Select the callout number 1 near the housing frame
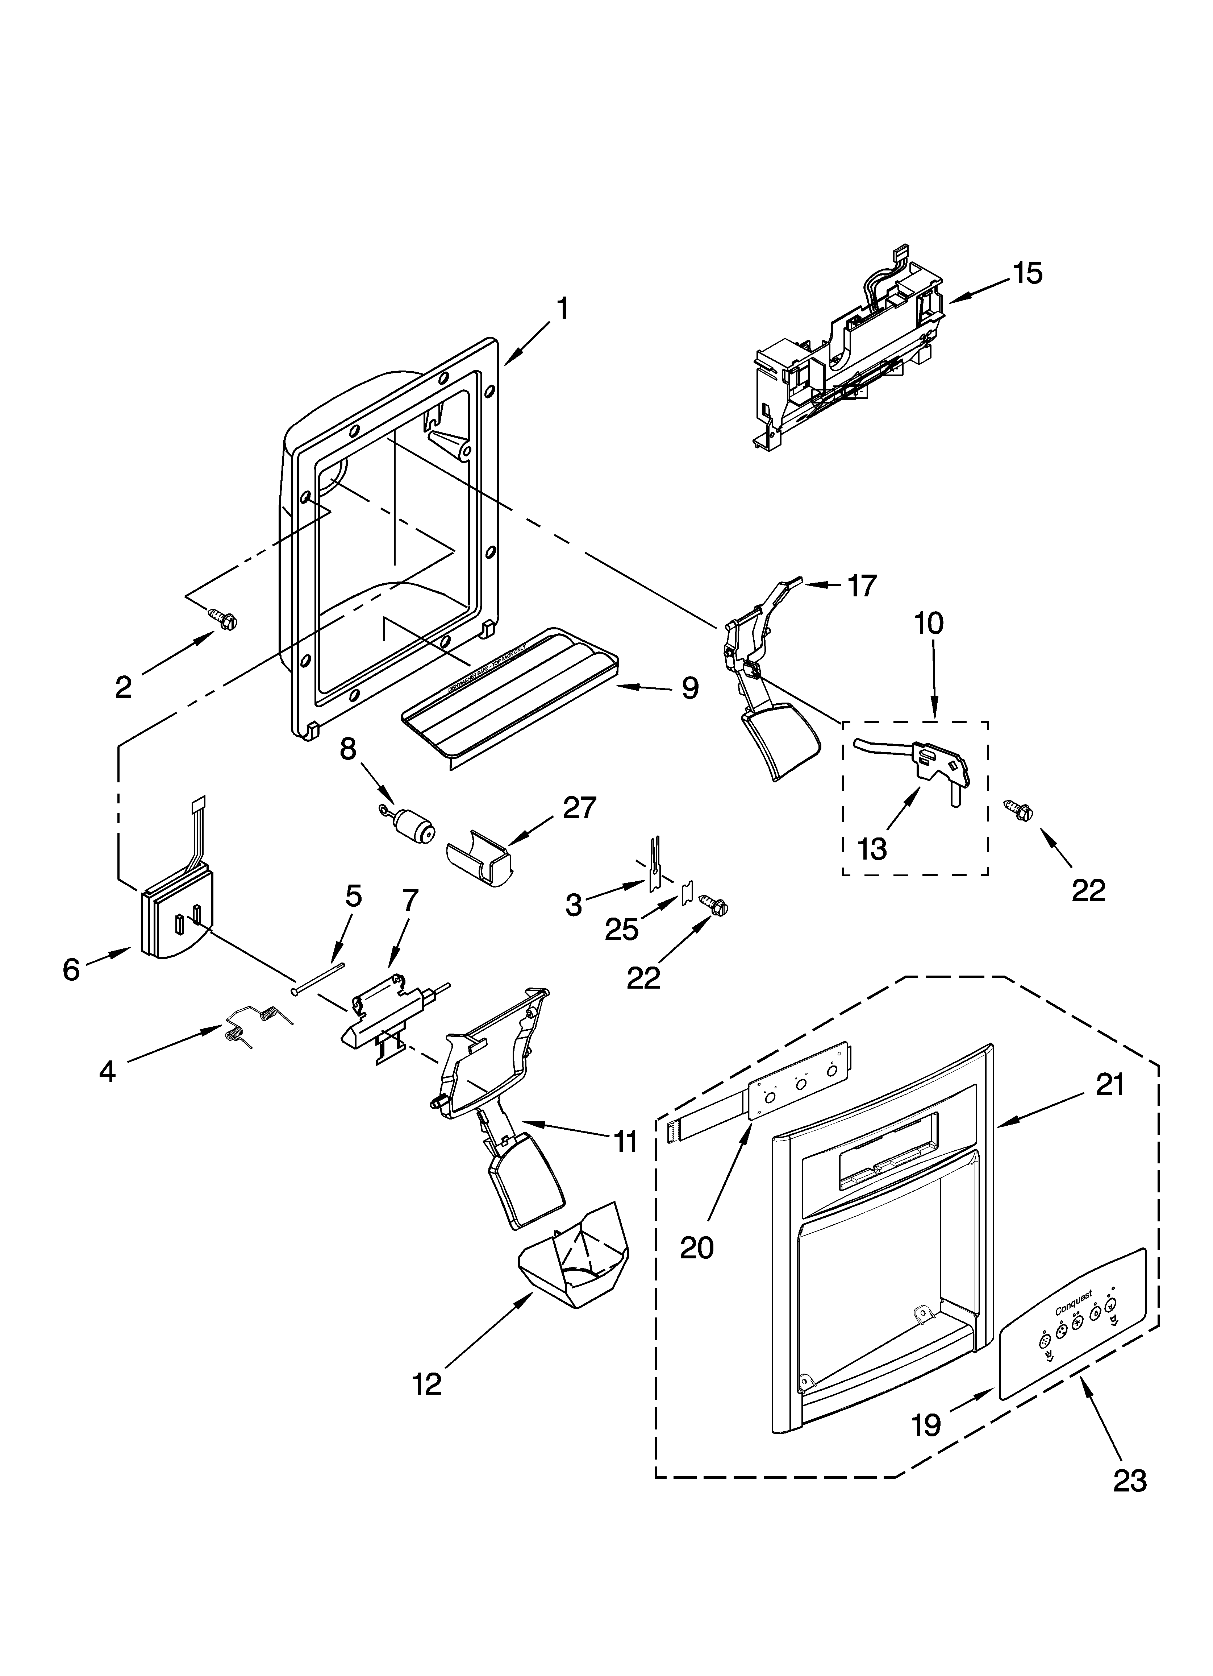pyautogui.click(x=563, y=308)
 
